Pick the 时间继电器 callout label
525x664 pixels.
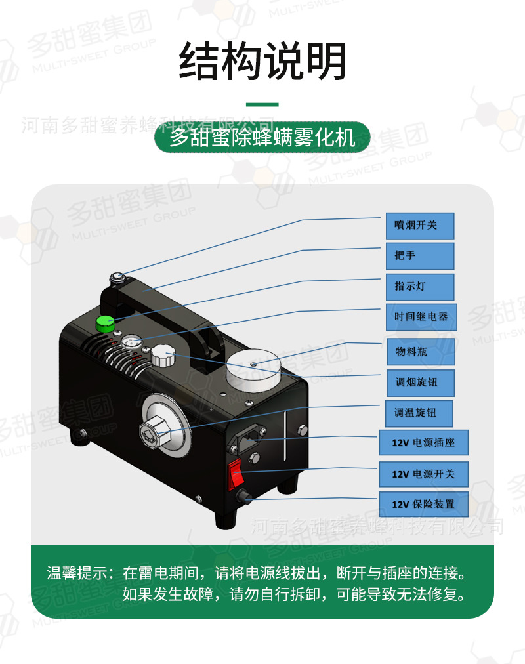pos(420,317)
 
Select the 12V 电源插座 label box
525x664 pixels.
pos(423,443)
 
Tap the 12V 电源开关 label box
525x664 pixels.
pos(423,474)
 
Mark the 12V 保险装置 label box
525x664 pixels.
pos(423,505)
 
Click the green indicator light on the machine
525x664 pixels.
pos(104,323)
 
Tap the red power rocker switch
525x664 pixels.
pos(237,475)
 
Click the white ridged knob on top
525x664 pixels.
pos(163,358)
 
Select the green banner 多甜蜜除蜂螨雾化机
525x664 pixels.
pos(262,138)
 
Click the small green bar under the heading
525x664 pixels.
pos(262,104)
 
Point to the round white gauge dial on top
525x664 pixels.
pos(132,342)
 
